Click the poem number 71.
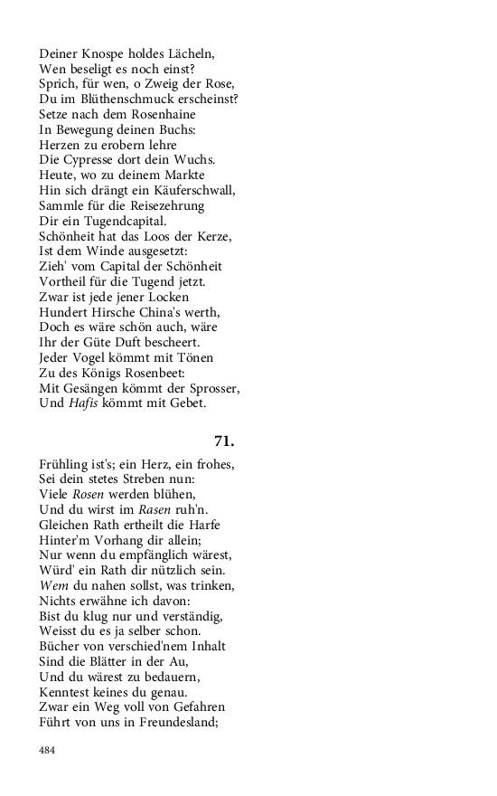pos(224,441)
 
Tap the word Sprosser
pos(212,388)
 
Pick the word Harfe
pos(204,525)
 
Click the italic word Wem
pos(53,585)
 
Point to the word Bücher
pos(61,646)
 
